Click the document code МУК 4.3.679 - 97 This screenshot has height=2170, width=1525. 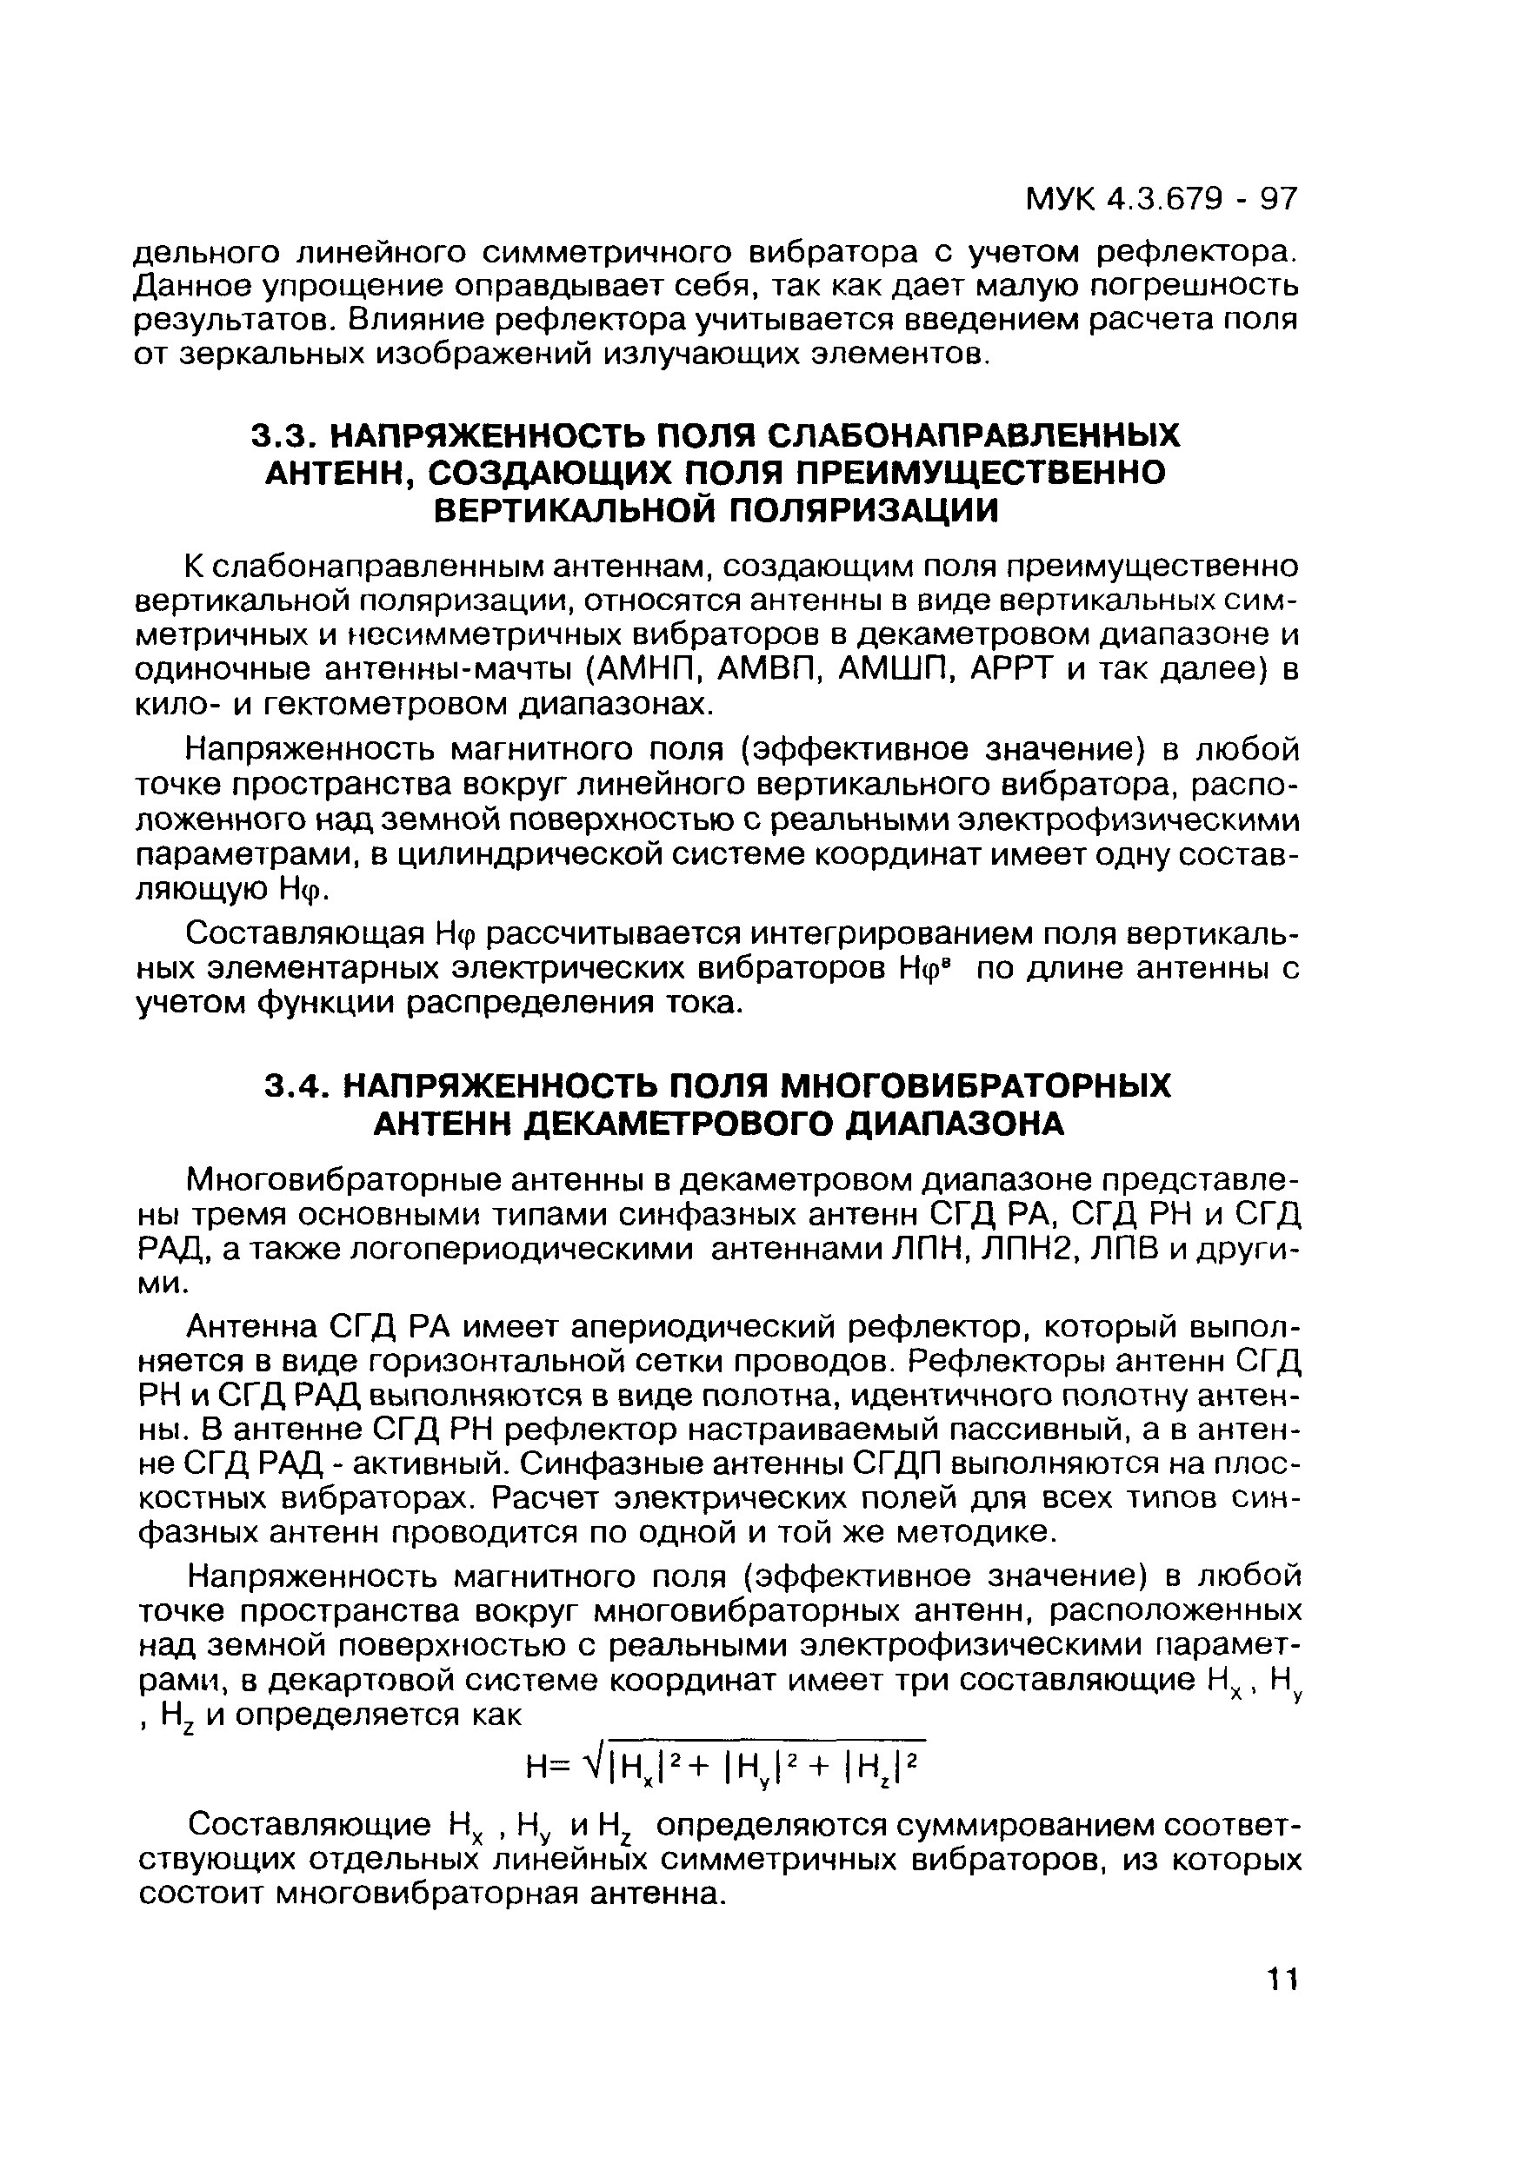[1162, 199]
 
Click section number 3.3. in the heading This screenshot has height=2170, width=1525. [282, 436]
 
